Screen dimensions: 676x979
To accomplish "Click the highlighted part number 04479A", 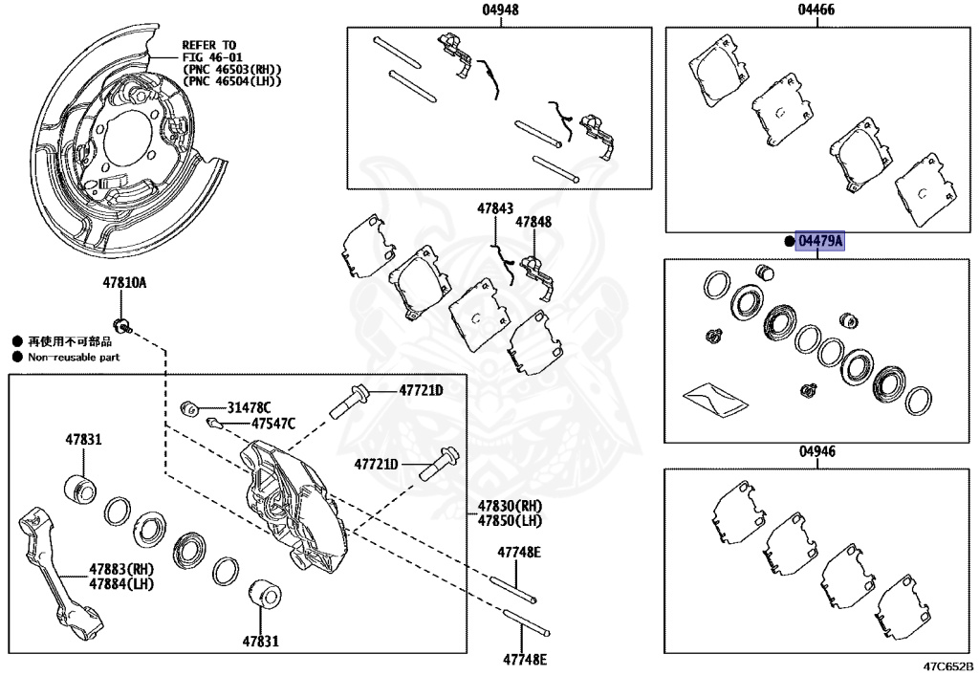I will tap(820, 242).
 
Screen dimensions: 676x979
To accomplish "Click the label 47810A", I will tap(125, 283).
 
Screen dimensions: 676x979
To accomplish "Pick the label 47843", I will tap(496, 207).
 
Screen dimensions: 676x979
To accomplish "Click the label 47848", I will tap(533, 222).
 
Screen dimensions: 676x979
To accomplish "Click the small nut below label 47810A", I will tap(122, 319).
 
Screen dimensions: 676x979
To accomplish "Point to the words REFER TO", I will tap(208, 45).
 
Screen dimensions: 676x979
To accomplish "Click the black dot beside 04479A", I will tap(789, 242).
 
